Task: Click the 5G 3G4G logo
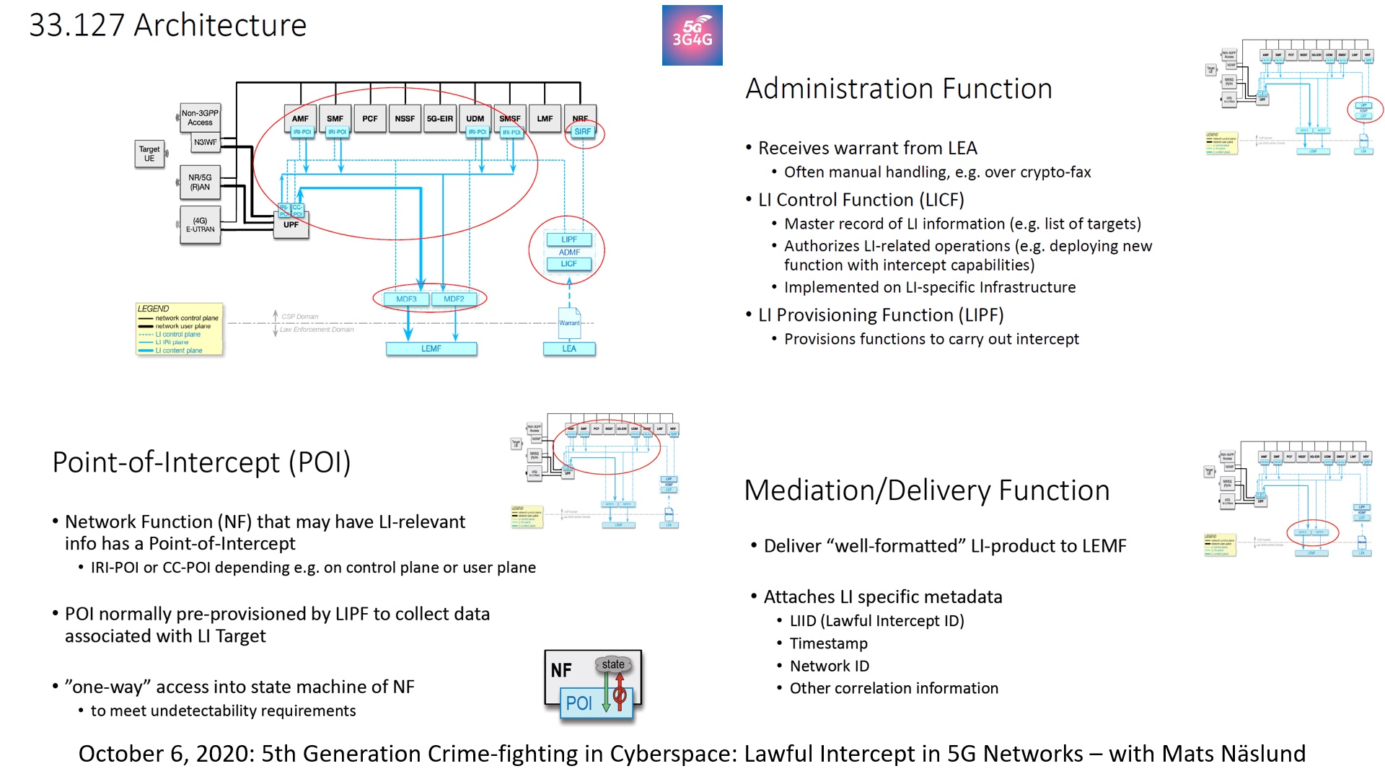(692, 35)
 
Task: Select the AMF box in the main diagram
(301, 118)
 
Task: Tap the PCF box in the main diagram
(370, 118)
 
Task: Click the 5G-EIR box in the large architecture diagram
(440, 118)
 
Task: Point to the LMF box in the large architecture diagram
(545, 118)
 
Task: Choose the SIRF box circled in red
(583, 131)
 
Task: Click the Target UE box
(149, 154)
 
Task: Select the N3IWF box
(205, 142)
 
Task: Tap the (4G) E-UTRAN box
(200, 225)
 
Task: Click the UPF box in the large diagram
(291, 225)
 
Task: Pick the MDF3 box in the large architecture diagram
(406, 299)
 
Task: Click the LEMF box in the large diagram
(431, 348)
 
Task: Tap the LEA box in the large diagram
(569, 348)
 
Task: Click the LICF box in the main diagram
(568, 264)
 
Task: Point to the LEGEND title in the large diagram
(153, 308)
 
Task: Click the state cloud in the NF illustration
(613, 664)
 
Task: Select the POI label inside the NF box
(579, 703)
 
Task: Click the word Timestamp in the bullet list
(828, 643)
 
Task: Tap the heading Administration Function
(898, 89)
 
